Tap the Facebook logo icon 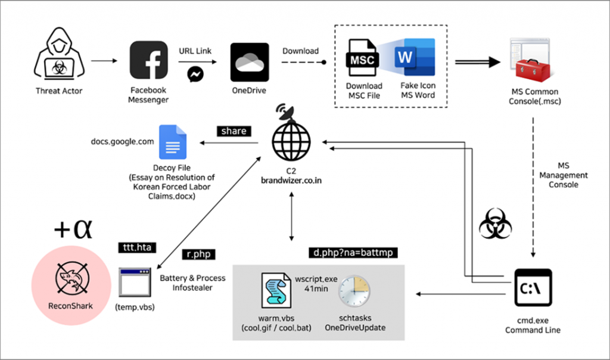point(148,60)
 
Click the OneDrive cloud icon point(249,61)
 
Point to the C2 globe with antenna point(291,136)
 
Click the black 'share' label point(235,131)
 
